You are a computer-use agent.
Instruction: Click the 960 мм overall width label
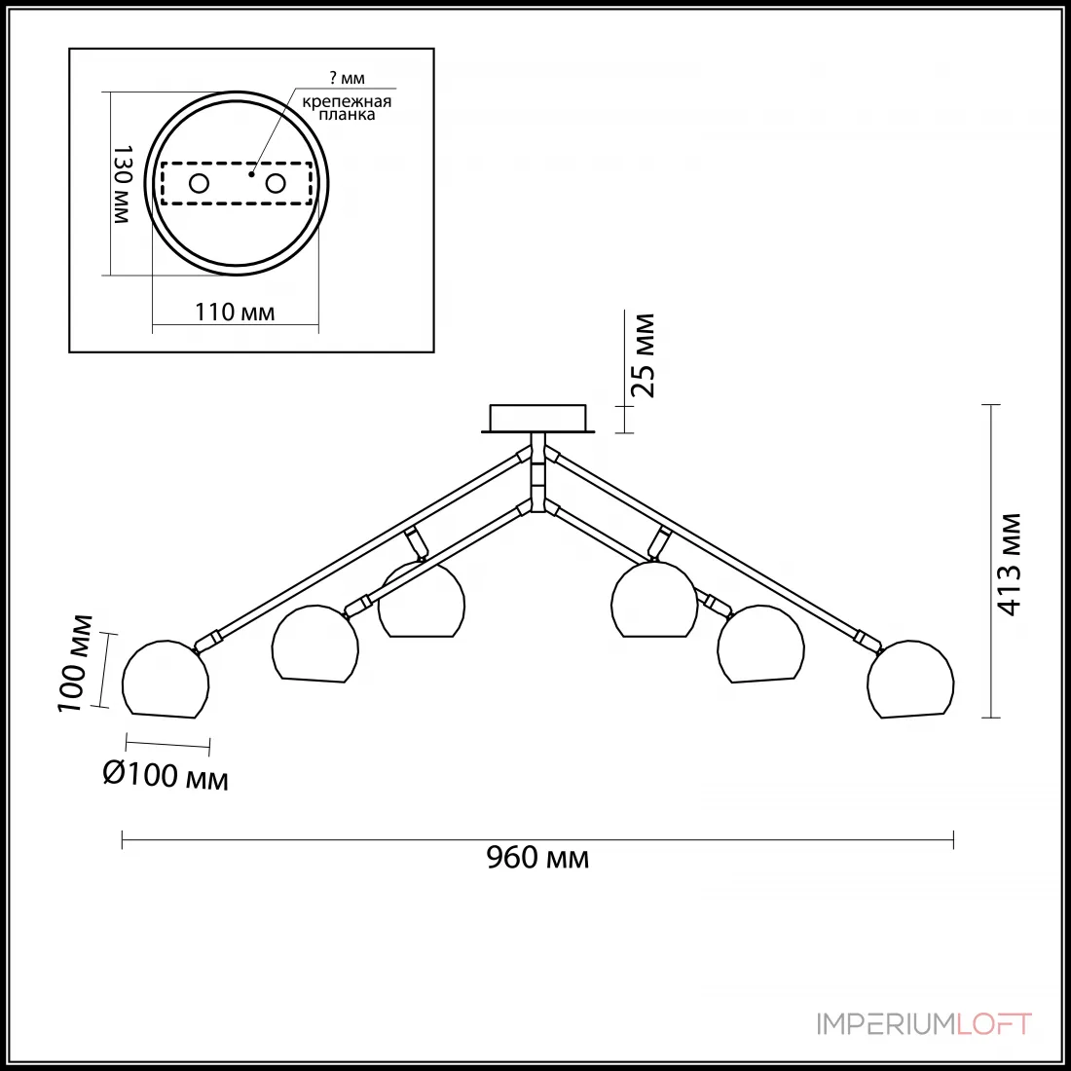[537, 857]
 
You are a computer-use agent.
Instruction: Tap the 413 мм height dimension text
[1010, 564]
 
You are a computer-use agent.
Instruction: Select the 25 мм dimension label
[644, 355]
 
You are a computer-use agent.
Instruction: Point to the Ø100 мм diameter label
[166, 776]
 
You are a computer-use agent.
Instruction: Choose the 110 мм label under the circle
[235, 313]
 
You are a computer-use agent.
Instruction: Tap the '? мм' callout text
[347, 78]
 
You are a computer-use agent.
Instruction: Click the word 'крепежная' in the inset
[347, 102]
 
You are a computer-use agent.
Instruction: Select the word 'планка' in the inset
[347, 115]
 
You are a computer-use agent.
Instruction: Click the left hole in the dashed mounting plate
[199, 183]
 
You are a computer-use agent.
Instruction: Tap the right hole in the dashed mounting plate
[276, 183]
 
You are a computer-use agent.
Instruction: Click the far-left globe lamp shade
[166, 679]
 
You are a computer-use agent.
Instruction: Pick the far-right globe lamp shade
[910, 679]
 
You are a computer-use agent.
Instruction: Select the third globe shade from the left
[422, 601]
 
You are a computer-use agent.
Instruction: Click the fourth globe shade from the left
[654, 601]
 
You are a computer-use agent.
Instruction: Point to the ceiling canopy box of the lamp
[537, 418]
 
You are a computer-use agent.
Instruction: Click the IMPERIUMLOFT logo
[924, 1024]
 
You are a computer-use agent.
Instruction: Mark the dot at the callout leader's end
[251, 173]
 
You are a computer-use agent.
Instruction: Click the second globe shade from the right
[760, 644]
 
